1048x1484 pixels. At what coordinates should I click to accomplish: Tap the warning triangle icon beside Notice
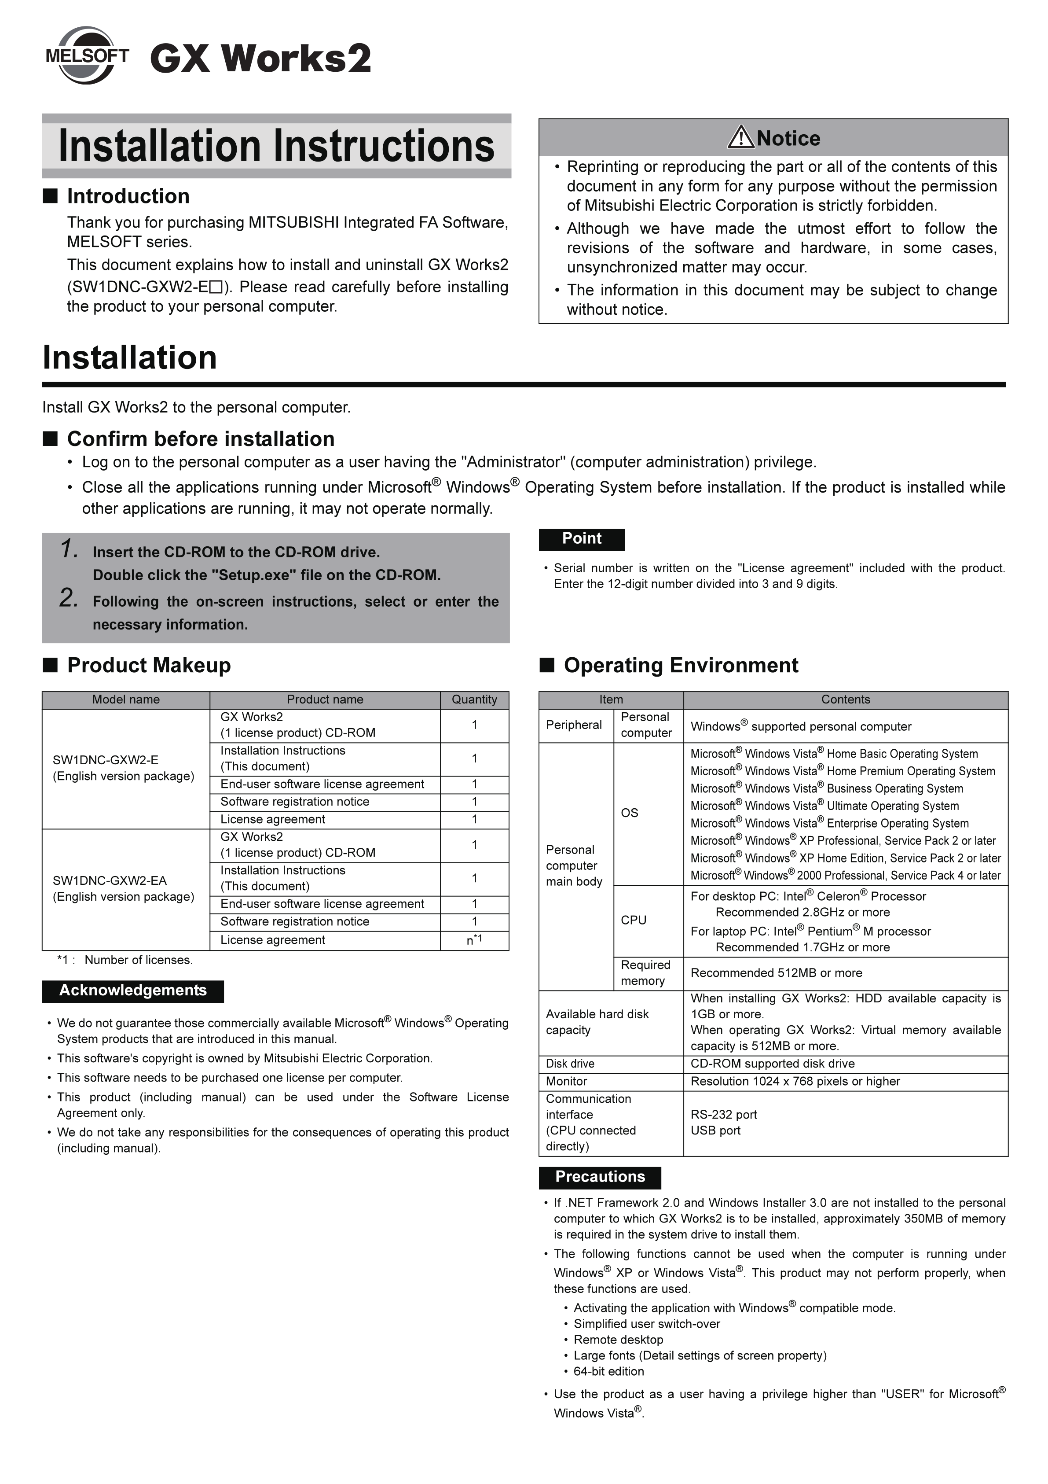point(740,138)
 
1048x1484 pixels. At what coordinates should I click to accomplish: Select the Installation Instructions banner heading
point(277,146)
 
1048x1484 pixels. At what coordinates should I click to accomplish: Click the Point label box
point(582,539)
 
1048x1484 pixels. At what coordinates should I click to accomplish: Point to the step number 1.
point(69,549)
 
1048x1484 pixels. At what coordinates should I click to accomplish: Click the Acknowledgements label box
point(133,991)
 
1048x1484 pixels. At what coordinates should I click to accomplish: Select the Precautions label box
point(600,1177)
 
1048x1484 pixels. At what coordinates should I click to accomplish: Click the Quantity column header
point(474,700)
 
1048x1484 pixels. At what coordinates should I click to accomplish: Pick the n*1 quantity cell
point(474,940)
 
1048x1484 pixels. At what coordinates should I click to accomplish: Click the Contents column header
point(845,700)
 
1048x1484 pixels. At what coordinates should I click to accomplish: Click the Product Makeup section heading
point(149,665)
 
